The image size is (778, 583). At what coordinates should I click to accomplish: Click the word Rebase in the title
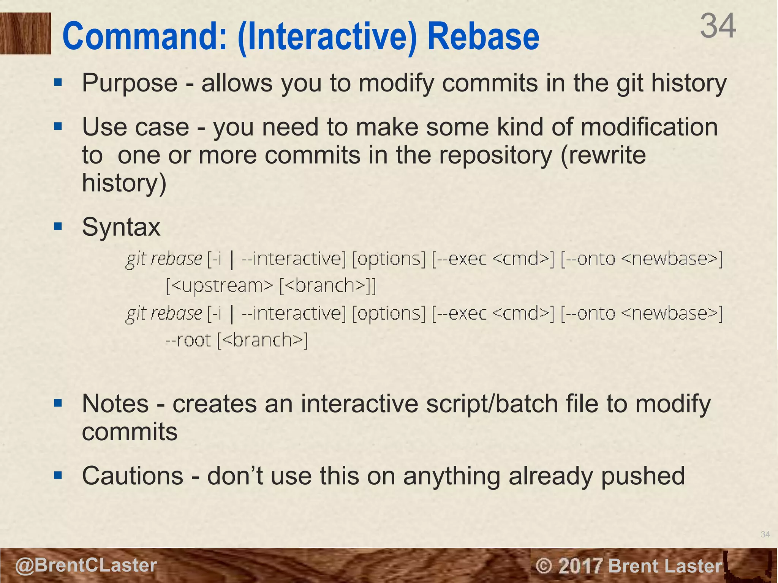pos(483,36)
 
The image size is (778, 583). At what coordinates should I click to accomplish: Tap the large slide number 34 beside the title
pos(718,26)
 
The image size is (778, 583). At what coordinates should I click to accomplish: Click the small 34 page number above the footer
pos(765,534)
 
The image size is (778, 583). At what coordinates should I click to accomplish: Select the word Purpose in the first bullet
pos(130,83)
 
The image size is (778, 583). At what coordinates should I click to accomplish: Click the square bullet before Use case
pos(58,126)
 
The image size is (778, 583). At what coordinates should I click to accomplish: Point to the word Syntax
pos(121,227)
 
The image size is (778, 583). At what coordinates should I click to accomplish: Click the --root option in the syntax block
pos(188,340)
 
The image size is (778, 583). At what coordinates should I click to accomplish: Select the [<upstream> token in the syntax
pos(219,285)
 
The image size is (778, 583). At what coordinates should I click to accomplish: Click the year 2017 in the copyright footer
pos(580,566)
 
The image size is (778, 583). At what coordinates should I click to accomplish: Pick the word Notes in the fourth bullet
pos(115,404)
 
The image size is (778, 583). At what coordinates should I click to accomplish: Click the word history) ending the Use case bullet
pos(124,183)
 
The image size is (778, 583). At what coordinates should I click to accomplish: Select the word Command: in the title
pos(144,36)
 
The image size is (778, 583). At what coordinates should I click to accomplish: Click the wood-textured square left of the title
pos(25,33)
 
